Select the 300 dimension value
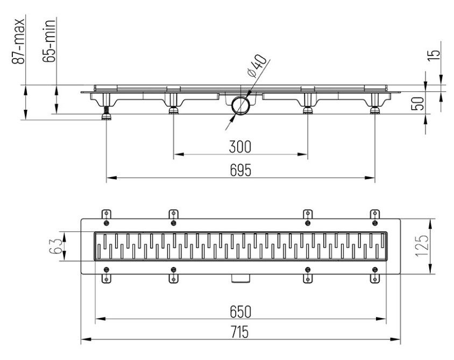tap(240, 146)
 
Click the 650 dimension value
tap(240, 312)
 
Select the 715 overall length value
tap(240, 334)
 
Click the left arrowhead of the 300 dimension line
tap(176, 154)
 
